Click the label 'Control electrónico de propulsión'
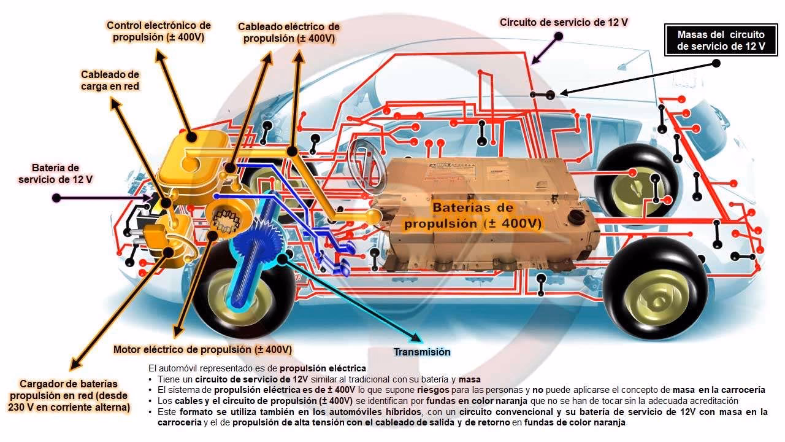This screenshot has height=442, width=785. [x=158, y=31]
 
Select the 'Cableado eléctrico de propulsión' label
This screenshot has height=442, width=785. [x=288, y=33]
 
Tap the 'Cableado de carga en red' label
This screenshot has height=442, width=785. [x=110, y=80]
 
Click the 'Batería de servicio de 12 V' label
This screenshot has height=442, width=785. [x=56, y=174]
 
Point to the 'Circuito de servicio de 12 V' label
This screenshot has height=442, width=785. [x=564, y=23]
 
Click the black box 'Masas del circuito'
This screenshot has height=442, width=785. [x=721, y=40]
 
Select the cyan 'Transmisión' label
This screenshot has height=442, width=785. [x=422, y=352]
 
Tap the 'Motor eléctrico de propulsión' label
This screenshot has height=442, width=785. [x=202, y=349]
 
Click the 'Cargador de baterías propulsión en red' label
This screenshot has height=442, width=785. [x=69, y=395]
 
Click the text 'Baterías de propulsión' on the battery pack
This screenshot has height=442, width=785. [x=472, y=215]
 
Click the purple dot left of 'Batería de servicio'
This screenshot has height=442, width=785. [x=56, y=198]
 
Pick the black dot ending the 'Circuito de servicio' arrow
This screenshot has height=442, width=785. [x=559, y=36]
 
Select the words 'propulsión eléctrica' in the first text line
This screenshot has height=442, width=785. [x=323, y=368]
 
